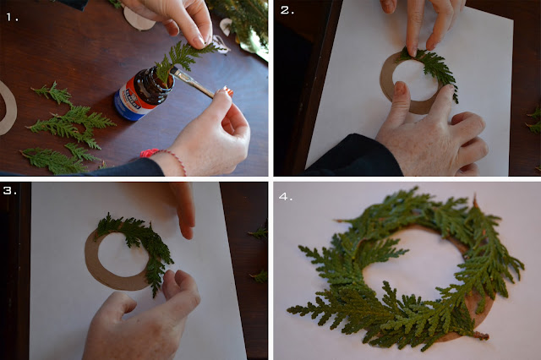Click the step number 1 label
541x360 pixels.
point(13,17)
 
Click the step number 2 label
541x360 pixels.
point(287,10)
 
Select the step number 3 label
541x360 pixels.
point(9,190)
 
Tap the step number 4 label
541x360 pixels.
point(286,197)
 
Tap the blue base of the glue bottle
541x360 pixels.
point(127,111)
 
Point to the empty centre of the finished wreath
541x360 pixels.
point(414,269)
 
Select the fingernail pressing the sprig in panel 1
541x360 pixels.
point(200,42)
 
